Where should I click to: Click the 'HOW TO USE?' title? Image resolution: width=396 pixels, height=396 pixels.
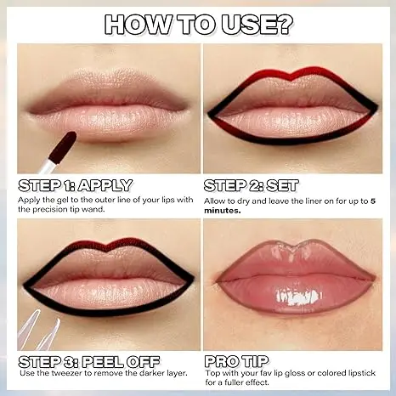[x=197, y=23]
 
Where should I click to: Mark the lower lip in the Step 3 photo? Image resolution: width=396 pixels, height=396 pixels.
[x=106, y=293]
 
